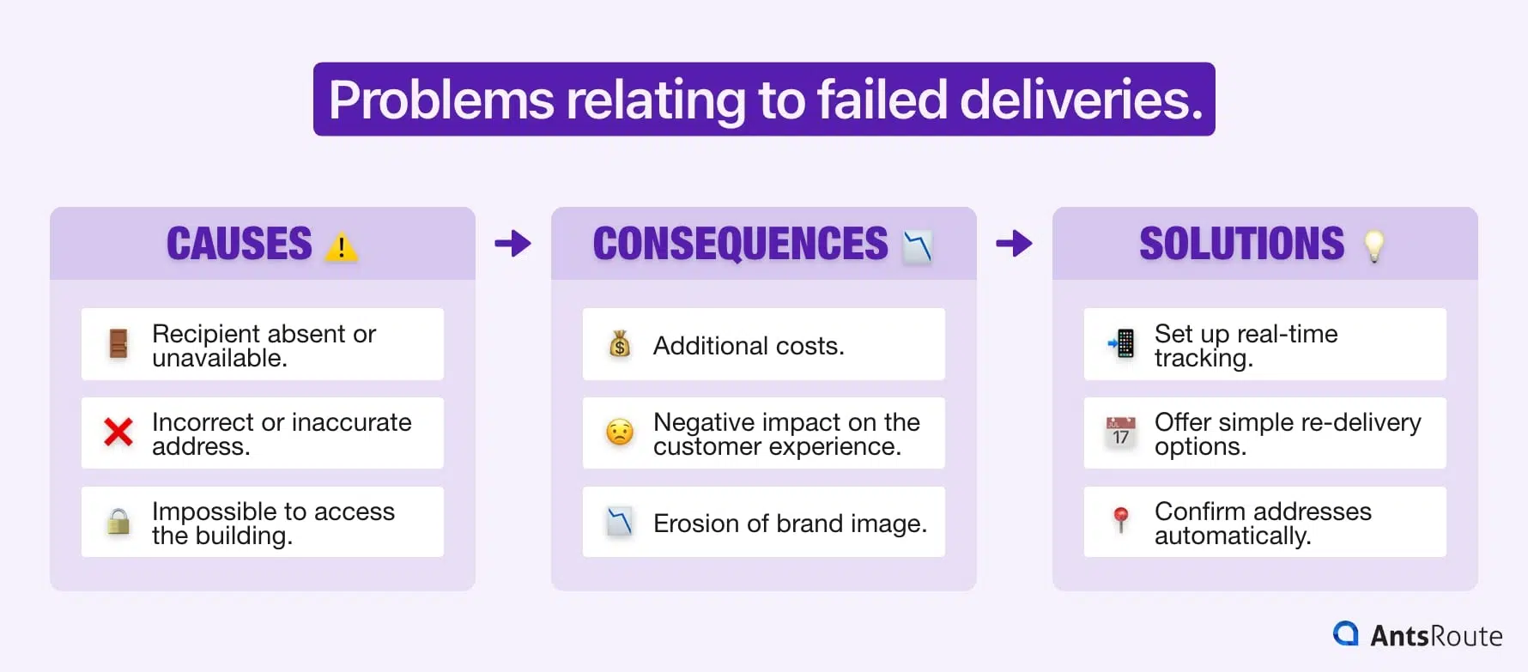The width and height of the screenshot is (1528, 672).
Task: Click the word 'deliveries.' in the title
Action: click(x=1081, y=100)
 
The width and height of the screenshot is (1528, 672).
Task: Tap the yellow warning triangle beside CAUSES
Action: click(x=341, y=247)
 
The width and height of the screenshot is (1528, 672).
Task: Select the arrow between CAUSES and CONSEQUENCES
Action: click(x=513, y=244)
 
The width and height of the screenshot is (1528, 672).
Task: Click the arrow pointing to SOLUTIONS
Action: click(x=1014, y=244)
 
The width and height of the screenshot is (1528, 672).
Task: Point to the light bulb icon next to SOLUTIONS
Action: click(x=1373, y=245)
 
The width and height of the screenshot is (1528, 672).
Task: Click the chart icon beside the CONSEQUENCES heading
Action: click(x=917, y=246)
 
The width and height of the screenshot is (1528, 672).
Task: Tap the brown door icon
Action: click(x=118, y=344)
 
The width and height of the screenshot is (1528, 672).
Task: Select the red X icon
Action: click(x=118, y=432)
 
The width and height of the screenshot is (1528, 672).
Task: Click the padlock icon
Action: click(x=118, y=521)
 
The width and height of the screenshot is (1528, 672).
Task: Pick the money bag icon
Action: click(x=620, y=344)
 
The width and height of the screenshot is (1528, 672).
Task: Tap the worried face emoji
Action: click(x=620, y=432)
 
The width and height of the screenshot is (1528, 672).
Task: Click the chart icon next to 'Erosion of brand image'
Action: click(x=620, y=521)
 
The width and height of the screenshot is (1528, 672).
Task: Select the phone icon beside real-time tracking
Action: click(x=1121, y=343)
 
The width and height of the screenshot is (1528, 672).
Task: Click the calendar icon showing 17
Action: click(x=1120, y=432)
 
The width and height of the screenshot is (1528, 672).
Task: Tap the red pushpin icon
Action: click(x=1120, y=519)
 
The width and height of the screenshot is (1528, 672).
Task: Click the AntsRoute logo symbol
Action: click(x=1346, y=633)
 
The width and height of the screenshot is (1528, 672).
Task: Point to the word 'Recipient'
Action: click(x=206, y=334)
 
